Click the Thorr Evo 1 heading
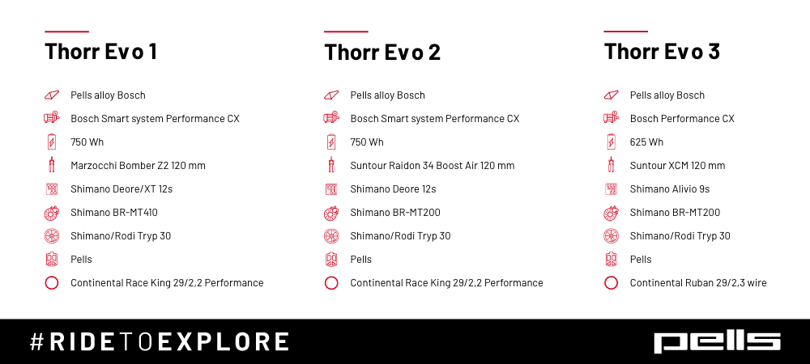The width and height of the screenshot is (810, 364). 100,52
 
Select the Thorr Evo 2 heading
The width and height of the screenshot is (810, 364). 382,52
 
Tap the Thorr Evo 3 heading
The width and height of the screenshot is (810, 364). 662,52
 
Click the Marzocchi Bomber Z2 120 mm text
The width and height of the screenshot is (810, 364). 138,166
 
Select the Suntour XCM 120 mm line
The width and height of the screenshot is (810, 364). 677,166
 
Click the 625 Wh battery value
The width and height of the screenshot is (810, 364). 646,142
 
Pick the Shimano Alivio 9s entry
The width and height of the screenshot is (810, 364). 670,189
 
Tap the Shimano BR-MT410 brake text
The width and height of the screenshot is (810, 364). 114,213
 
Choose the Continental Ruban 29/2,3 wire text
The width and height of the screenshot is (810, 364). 698,283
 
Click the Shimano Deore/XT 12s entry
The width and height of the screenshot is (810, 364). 122,189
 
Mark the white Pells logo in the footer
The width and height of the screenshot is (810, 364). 718,342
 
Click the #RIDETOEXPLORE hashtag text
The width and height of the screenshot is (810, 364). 159,342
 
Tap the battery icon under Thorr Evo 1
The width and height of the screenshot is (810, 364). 52,142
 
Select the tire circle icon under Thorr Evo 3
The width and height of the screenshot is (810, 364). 611,283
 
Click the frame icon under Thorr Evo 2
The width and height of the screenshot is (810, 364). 331,95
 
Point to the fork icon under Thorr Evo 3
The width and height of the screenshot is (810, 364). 611,165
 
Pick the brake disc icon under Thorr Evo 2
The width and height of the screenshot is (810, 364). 331,213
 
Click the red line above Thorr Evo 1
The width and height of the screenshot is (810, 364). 66,32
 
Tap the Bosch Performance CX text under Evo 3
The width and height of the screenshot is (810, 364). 682,119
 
